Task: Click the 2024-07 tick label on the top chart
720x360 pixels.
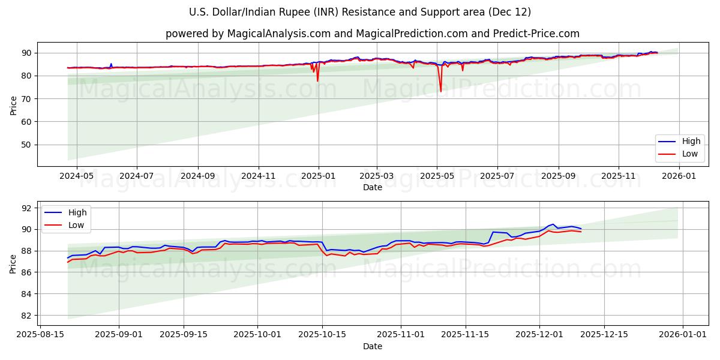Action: point(136,176)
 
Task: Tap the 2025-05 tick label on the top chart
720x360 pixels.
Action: point(437,176)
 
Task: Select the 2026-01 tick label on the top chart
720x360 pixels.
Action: point(679,176)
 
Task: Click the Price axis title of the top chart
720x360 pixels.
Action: point(13,105)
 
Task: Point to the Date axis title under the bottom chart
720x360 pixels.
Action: point(372,346)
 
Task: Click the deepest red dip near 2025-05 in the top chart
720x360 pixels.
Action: point(441,91)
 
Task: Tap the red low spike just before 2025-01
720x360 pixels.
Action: point(317,80)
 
